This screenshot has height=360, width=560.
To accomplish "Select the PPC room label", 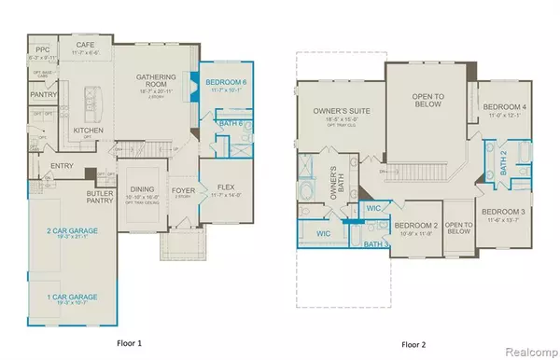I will [x=41, y=48].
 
